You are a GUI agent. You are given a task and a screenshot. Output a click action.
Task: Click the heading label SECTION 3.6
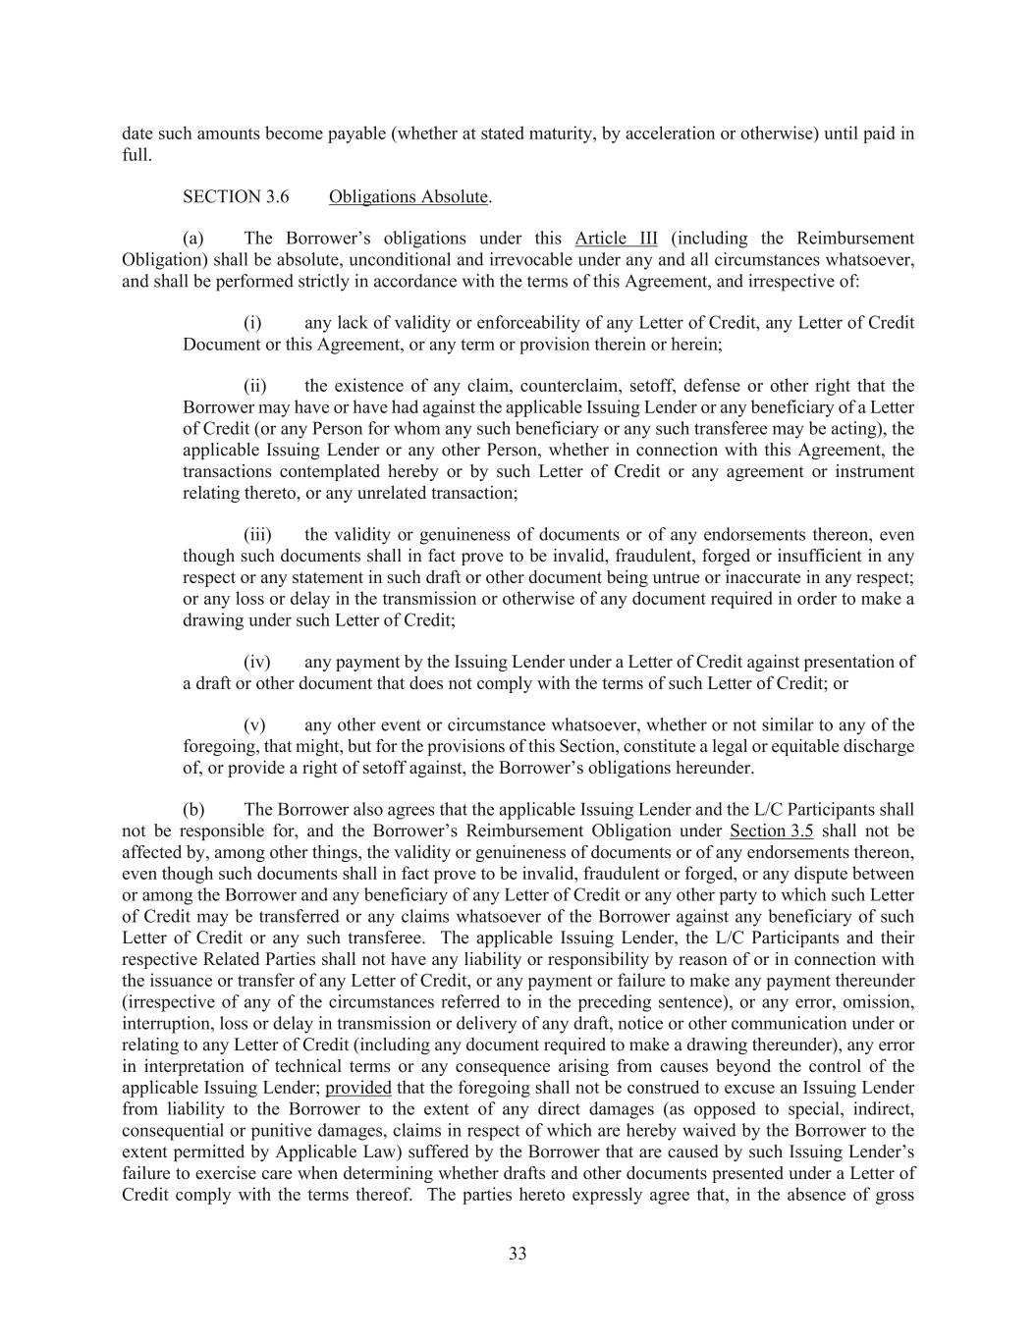click(x=236, y=196)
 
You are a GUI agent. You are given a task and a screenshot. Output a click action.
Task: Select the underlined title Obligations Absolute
click(x=408, y=196)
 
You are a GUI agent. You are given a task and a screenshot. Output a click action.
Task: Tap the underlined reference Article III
click(x=617, y=239)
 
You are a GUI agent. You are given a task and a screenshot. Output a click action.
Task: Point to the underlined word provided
click(x=358, y=1088)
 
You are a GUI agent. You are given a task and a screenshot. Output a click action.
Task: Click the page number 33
click(x=518, y=1254)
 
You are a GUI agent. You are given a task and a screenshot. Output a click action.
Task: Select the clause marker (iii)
click(x=257, y=535)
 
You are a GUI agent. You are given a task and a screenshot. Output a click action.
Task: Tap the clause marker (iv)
click(x=257, y=662)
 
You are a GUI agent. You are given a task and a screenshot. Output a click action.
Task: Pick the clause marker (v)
click(x=254, y=725)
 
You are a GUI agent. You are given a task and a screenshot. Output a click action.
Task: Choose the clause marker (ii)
click(x=255, y=386)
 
